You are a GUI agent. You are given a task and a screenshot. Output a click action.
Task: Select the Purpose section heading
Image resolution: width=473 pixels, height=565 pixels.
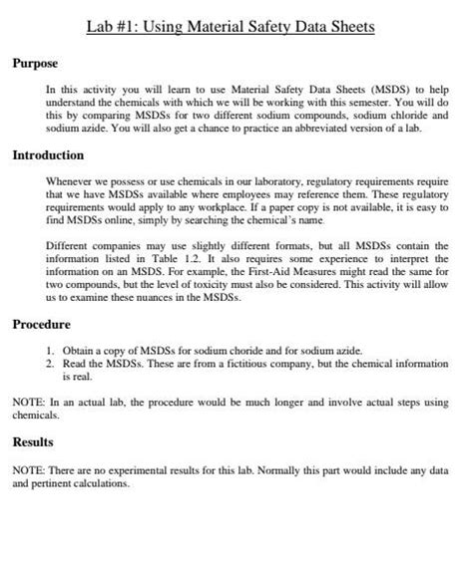pyautogui.click(x=35, y=64)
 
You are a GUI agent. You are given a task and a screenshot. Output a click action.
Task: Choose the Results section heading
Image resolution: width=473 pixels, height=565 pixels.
pyautogui.click(x=33, y=441)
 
